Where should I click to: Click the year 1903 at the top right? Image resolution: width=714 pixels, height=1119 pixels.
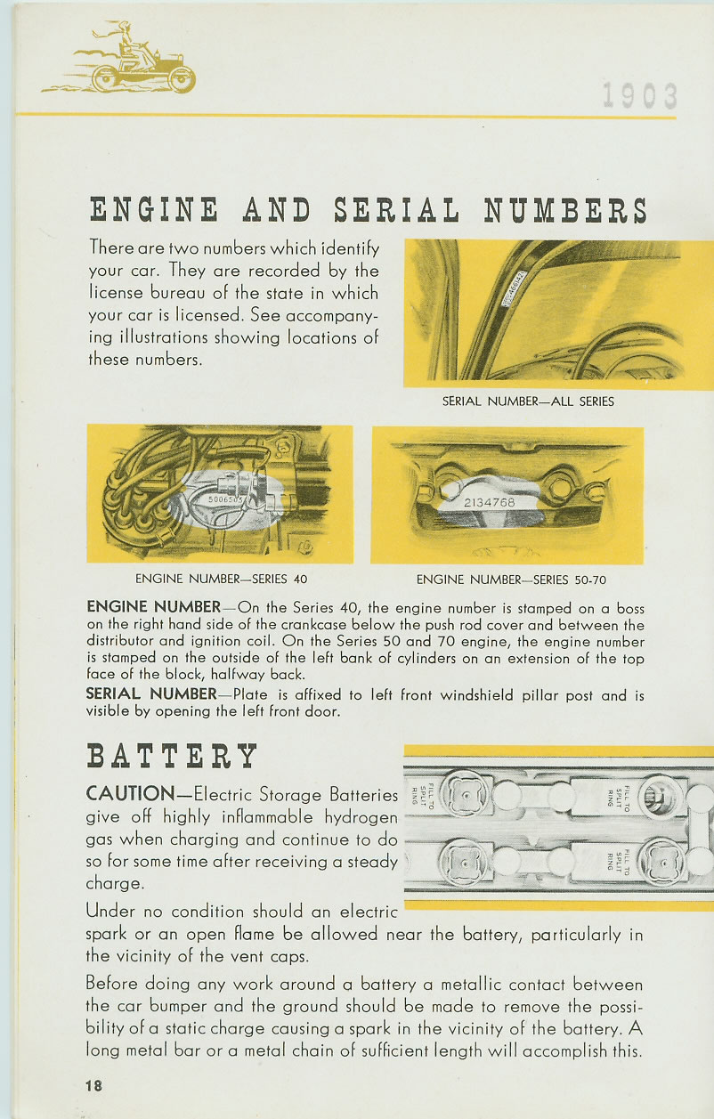pos(638,95)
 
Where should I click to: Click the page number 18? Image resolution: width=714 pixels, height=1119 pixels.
pos(95,1085)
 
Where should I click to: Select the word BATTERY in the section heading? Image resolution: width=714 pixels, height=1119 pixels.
pos(172,756)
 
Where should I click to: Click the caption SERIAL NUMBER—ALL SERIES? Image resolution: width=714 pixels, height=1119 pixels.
pos(528,401)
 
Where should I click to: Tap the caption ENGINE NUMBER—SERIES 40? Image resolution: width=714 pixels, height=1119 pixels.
pos(221,580)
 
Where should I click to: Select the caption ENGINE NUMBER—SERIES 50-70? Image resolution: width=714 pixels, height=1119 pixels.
pos(511,580)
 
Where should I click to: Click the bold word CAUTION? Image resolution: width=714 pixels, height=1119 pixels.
pos(130,794)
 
